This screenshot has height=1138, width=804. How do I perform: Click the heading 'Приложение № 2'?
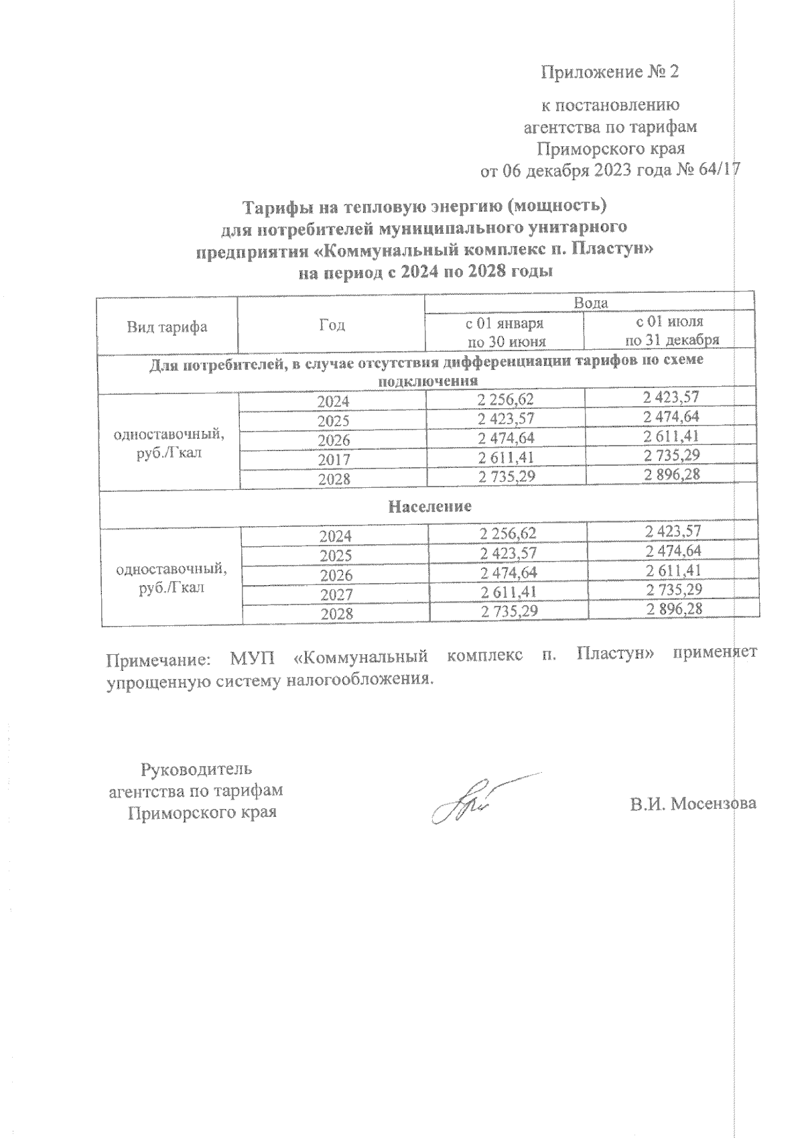[610, 72]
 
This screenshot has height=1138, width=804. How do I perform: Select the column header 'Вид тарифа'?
[167, 327]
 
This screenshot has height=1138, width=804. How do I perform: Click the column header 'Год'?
[332, 325]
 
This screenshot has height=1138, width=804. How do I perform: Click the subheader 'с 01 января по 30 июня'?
[505, 332]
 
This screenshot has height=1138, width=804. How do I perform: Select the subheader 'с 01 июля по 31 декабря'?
[671, 331]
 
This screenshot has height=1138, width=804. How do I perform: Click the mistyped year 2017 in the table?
[332, 460]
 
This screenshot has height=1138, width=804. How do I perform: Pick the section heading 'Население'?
[429, 506]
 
